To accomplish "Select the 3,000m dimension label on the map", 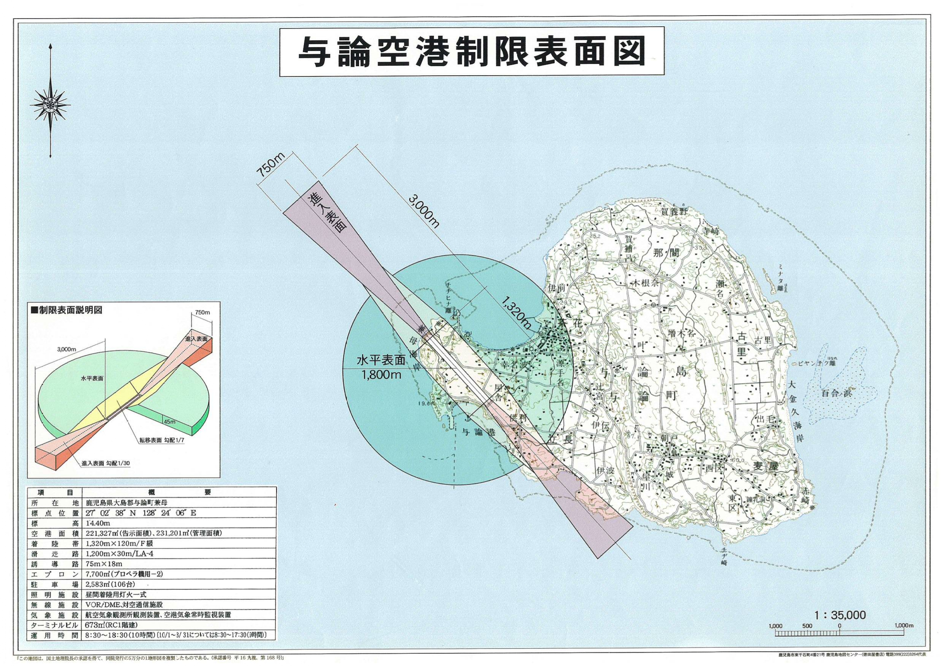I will click(x=424, y=211).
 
